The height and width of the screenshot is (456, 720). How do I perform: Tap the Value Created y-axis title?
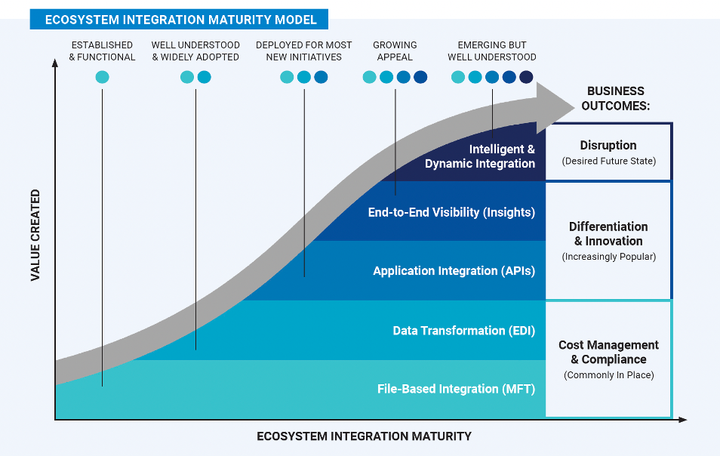pos(35,236)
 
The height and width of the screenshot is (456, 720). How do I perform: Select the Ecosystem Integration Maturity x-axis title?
pos(364,436)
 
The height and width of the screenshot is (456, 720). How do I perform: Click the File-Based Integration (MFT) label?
pos(456,390)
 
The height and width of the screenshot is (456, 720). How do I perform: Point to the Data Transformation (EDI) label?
pos(463,331)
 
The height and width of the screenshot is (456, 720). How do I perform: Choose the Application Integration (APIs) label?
pos(454,271)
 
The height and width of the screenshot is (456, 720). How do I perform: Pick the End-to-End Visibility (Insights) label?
pos(451,212)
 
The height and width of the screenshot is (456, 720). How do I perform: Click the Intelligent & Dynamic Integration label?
pos(480,156)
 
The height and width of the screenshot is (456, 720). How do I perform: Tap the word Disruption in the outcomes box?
pos(608,145)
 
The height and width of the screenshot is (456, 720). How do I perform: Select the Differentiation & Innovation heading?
pos(608,234)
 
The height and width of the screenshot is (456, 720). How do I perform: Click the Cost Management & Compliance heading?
pos(608,352)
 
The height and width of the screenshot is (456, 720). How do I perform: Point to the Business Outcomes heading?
pos(615,98)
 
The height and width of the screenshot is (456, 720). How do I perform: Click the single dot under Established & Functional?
pos(102,77)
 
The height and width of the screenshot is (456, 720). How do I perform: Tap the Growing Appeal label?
pos(395,51)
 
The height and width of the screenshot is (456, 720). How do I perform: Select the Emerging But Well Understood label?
pos(492,51)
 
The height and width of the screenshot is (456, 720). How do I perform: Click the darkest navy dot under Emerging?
pos(526,77)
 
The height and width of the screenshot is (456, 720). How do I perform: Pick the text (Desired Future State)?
pos(608,161)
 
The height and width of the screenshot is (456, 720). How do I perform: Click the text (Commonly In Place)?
pos(608,375)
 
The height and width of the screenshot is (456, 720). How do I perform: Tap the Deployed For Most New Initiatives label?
pos(303,51)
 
